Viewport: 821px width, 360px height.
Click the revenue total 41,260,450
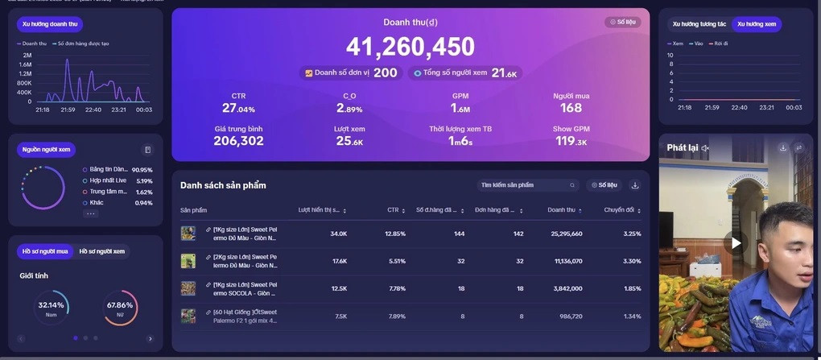tap(410, 48)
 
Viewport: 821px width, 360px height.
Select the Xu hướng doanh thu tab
tap(50, 25)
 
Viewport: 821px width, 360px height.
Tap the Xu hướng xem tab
tap(756, 24)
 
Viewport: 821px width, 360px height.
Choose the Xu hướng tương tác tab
tap(699, 24)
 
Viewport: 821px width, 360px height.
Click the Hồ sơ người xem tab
tap(101, 251)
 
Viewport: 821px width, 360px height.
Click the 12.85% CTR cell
tap(395, 234)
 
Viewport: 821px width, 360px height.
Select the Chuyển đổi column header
tap(619, 210)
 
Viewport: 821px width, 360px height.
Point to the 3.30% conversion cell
tap(632, 261)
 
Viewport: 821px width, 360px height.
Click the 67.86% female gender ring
tap(120, 307)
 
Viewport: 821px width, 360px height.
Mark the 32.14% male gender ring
tap(52, 307)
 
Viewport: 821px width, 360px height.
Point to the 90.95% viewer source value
tap(142, 170)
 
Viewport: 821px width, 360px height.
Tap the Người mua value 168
tap(571, 108)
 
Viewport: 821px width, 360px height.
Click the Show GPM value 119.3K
tap(571, 141)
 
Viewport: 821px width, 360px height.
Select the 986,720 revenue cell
tap(567, 317)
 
